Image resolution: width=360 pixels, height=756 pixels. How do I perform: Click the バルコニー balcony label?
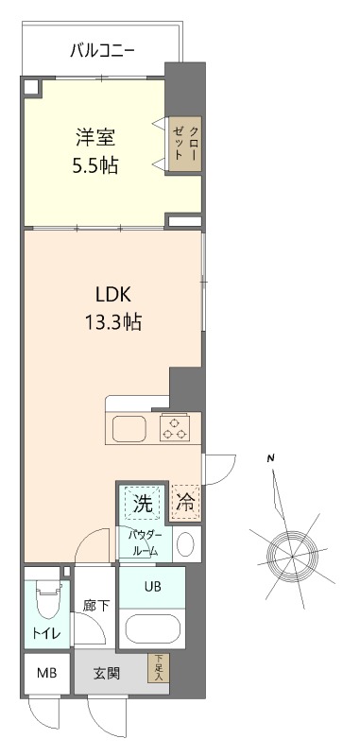pyautogui.click(x=103, y=50)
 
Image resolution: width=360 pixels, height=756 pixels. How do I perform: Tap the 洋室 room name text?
pyautogui.click(x=95, y=136)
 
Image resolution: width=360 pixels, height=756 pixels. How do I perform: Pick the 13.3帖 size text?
pyautogui.click(x=111, y=321)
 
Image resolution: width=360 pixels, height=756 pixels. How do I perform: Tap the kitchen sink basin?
pyautogui.click(x=130, y=428)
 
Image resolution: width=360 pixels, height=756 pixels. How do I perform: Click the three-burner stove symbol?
pyautogui.click(x=174, y=427)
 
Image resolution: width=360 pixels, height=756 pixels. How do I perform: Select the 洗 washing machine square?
pyautogui.click(x=142, y=504)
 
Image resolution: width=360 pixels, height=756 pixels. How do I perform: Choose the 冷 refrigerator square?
pyautogui.click(x=185, y=504)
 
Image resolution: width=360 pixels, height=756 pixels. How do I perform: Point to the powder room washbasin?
pyautogui.click(x=186, y=543)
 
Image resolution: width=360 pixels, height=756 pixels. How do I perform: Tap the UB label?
pyautogui.click(x=152, y=586)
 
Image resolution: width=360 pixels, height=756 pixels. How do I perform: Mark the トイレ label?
pyautogui.click(x=43, y=634)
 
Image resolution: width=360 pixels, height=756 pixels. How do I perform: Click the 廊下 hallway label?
pyautogui.click(x=95, y=606)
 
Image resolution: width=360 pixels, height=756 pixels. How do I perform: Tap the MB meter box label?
pyautogui.click(x=45, y=674)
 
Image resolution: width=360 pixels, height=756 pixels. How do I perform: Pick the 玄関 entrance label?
pyautogui.click(x=106, y=674)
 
